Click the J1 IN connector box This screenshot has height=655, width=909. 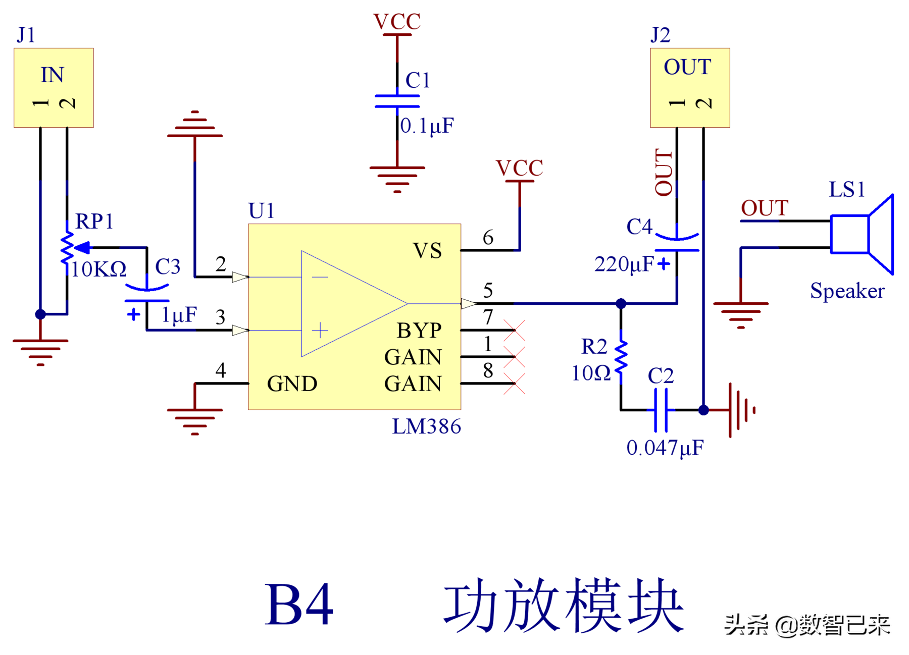tap(54, 88)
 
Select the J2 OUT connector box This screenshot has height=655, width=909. tap(690, 88)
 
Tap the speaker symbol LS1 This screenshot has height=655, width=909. tap(863, 234)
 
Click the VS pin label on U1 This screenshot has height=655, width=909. tap(427, 251)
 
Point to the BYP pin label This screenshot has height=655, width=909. tap(419, 331)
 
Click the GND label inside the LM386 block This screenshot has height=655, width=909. tap(292, 384)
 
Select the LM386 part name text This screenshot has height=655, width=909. tap(427, 427)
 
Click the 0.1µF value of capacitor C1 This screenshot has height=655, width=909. tap(427, 126)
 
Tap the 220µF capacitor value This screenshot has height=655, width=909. tap(624, 264)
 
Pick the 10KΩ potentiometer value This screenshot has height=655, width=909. tap(98, 269)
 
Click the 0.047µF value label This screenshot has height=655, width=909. tap(665, 448)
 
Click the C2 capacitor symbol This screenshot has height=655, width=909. tap(661, 410)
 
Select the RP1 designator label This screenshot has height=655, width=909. tap(94, 221)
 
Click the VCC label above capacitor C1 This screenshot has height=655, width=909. tap(397, 22)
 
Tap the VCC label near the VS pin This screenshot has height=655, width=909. tap(520, 168)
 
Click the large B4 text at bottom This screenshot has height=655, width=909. tap(299, 605)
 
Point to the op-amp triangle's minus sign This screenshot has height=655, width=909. tap(320, 277)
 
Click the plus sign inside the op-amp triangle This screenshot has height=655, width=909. tap(320, 331)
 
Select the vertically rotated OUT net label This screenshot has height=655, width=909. tap(664, 172)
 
